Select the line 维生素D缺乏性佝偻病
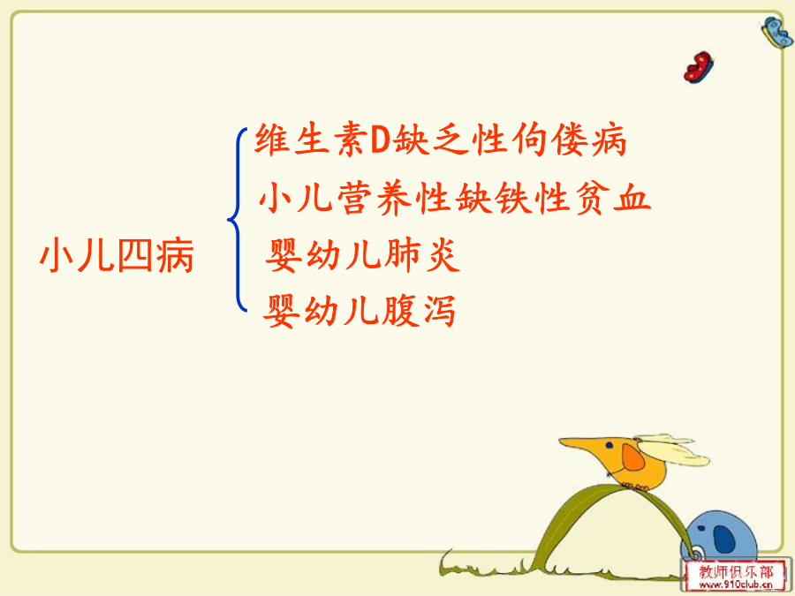tap(441, 140)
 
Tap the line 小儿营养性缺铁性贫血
tap(454, 197)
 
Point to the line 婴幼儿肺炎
tap(362, 255)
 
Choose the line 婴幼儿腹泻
tap(360, 311)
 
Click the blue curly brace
tap(237, 220)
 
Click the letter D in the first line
tap(380, 140)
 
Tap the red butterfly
tap(698, 67)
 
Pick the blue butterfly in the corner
tap(777, 32)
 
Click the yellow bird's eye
tap(609, 446)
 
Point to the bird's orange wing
tap(632, 457)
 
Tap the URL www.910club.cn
tap(736, 585)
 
